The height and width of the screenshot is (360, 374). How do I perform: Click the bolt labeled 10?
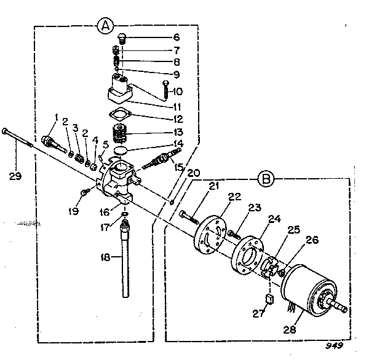tap(166, 91)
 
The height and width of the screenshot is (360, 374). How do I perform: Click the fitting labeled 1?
tap(52, 140)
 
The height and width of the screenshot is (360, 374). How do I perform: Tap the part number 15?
tap(179, 166)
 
